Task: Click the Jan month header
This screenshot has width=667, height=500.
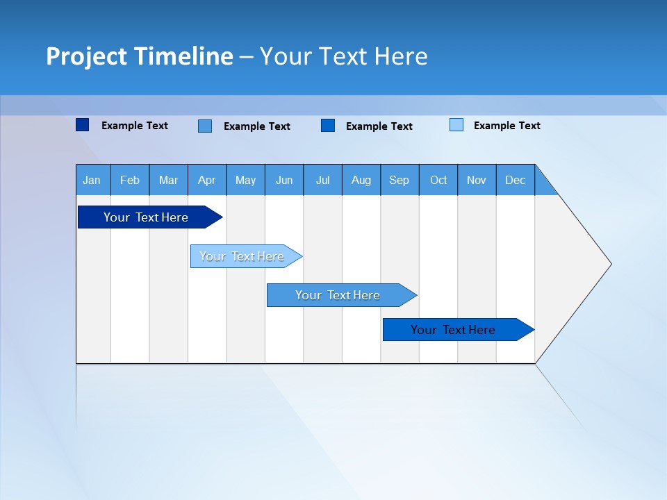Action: click(92, 180)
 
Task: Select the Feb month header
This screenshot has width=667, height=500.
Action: click(130, 180)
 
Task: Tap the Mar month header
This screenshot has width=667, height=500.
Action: click(168, 180)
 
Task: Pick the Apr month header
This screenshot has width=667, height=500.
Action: click(207, 180)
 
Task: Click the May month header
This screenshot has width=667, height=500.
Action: click(245, 180)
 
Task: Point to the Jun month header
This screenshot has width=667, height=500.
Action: click(284, 180)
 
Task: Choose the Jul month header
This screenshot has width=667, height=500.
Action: click(322, 180)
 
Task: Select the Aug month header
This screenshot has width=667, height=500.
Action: click(361, 180)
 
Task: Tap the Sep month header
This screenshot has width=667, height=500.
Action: click(400, 180)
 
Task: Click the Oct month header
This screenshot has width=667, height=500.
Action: click(438, 180)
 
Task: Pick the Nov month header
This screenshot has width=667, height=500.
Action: click(477, 180)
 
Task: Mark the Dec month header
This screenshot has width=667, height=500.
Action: click(516, 180)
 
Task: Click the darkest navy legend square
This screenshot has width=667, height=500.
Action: click(83, 125)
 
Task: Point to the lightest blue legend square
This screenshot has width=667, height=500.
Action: click(456, 125)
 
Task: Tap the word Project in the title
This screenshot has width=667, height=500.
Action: click(86, 56)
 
